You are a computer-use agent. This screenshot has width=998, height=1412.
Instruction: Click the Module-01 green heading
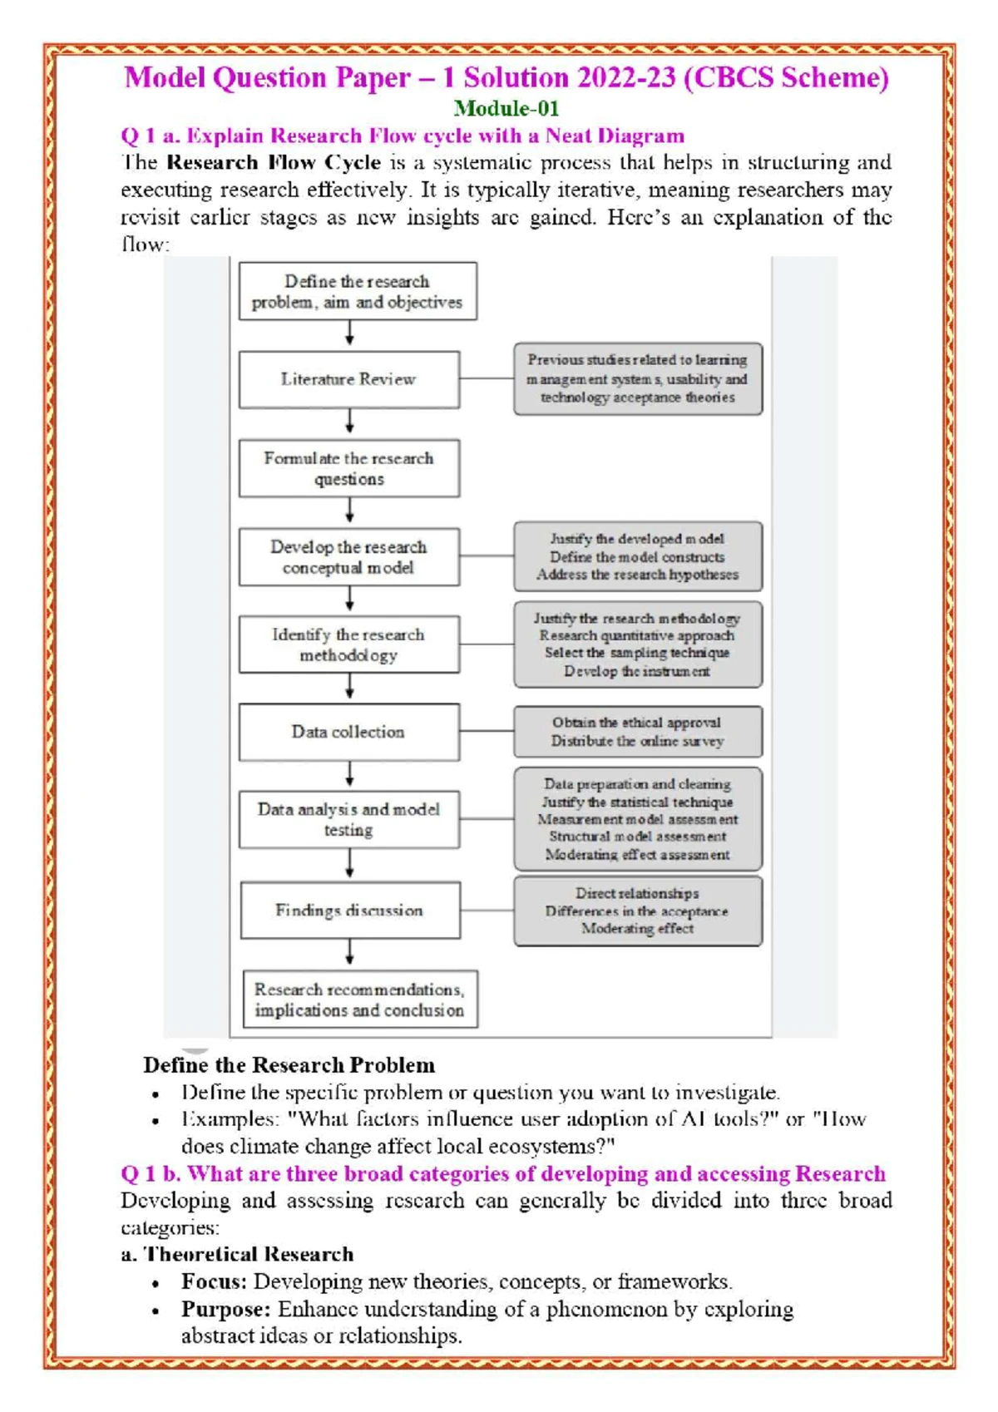coord(506,108)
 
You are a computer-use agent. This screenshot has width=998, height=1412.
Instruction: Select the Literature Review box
coord(348,379)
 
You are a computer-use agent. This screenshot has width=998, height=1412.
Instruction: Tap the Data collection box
coord(348,732)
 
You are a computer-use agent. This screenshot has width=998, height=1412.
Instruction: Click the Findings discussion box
coord(349,911)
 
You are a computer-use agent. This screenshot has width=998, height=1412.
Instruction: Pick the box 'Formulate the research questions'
coord(348,468)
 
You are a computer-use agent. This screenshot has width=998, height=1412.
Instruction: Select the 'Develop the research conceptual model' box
coord(348,557)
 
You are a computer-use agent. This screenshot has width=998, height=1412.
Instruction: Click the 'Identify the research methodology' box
coord(348,644)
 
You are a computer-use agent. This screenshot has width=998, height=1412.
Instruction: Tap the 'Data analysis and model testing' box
coord(348,819)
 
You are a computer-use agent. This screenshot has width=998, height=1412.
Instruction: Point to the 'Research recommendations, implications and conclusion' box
coord(360,1000)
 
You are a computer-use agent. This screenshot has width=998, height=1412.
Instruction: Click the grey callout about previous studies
coord(637,379)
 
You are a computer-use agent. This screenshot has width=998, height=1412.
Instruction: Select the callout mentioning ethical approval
coord(637,732)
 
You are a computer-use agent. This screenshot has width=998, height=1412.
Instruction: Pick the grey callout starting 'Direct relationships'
coord(637,911)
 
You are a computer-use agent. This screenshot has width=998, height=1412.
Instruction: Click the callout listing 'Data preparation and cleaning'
coord(637,819)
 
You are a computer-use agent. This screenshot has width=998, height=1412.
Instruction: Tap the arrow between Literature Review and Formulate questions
coord(349,421)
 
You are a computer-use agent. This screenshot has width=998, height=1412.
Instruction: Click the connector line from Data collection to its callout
coord(487,731)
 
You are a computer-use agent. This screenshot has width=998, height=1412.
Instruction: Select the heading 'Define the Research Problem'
coord(289,1065)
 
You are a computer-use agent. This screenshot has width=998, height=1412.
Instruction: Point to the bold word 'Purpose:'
coord(225,1309)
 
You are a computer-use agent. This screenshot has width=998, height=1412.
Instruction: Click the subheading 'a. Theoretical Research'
coord(237,1254)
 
